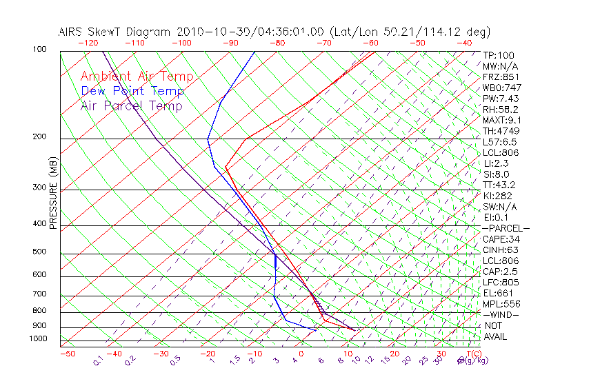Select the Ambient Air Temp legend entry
click(x=137, y=77)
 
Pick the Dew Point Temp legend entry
click(x=132, y=91)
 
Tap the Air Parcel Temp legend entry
click(x=131, y=105)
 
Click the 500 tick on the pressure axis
click(x=39, y=252)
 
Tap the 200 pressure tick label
click(x=39, y=136)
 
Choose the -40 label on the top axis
click(x=464, y=43)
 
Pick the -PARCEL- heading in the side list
click(x=506, y=228)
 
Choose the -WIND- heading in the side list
click(x=501, y=314)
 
